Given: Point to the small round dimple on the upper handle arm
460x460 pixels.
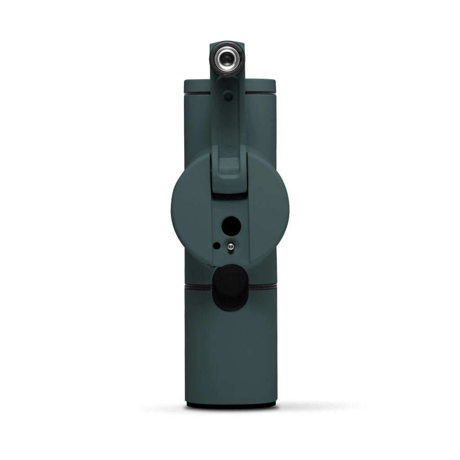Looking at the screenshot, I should pyautogui.click(x=229, y=96).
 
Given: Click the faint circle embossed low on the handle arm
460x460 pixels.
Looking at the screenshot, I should pyautogui.click(x=229, y=150).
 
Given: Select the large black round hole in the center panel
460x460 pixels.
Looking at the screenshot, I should pyautogui.click(x=231, y=225).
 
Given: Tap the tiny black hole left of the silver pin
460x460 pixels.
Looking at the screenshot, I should pyautogui.click(x=217, y=246).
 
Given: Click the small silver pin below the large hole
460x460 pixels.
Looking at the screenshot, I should pyautogui.click(x=230, y=246).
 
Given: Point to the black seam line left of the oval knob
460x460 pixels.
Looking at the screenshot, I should pyautogui.click(x=198, y=286).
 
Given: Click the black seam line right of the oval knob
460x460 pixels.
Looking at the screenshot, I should pyautogui.click(x=263, y=286).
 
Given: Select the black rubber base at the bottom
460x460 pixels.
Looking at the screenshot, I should pyautogui.click(x=231, y=405).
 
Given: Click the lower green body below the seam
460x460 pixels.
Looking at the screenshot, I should pyautogui.click(x=231, y=350).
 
